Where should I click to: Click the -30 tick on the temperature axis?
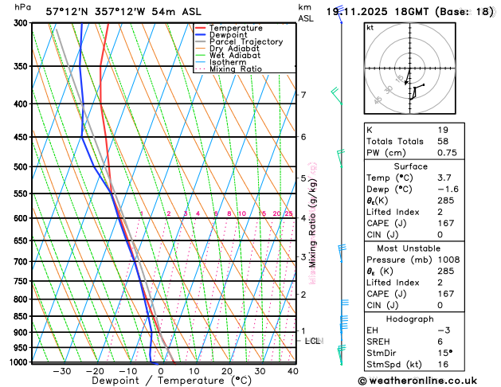(61, 371)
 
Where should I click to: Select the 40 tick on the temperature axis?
(294, 371)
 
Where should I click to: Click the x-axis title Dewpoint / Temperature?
(160, 381)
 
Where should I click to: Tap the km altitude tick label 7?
(303, 96)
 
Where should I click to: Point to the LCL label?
(312, 341)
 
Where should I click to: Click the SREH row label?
(378, 342)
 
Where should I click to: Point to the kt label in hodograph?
(370, 28)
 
